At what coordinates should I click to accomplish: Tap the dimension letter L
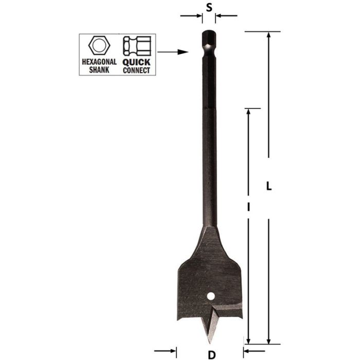[x=268, y=187]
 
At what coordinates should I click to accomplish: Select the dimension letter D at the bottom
[x=211, y=354]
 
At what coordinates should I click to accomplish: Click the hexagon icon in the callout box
[x=99, y=46]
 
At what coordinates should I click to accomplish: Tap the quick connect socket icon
[x=136, y=46]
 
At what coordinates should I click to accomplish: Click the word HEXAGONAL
[x=99, y=61]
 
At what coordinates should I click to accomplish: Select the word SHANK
[x=99, y=69]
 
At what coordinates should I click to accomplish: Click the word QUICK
[x=136, y=61]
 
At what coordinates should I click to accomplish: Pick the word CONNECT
[x=136, y=70]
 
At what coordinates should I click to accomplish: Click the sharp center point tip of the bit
[x=210, y=342]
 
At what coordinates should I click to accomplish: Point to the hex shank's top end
[x=209, y=34]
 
